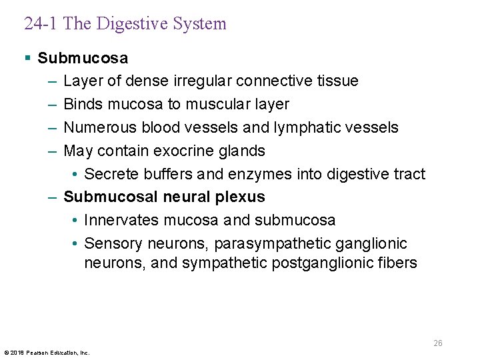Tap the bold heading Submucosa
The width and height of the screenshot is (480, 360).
pos(83,58)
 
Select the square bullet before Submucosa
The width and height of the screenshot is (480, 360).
pos(27,58)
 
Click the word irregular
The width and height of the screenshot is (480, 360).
pos(204,81)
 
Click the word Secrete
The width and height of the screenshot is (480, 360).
pos(111,174)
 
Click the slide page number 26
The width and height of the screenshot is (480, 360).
pos(437,343)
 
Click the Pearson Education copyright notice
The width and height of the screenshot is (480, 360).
pos(47,352)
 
